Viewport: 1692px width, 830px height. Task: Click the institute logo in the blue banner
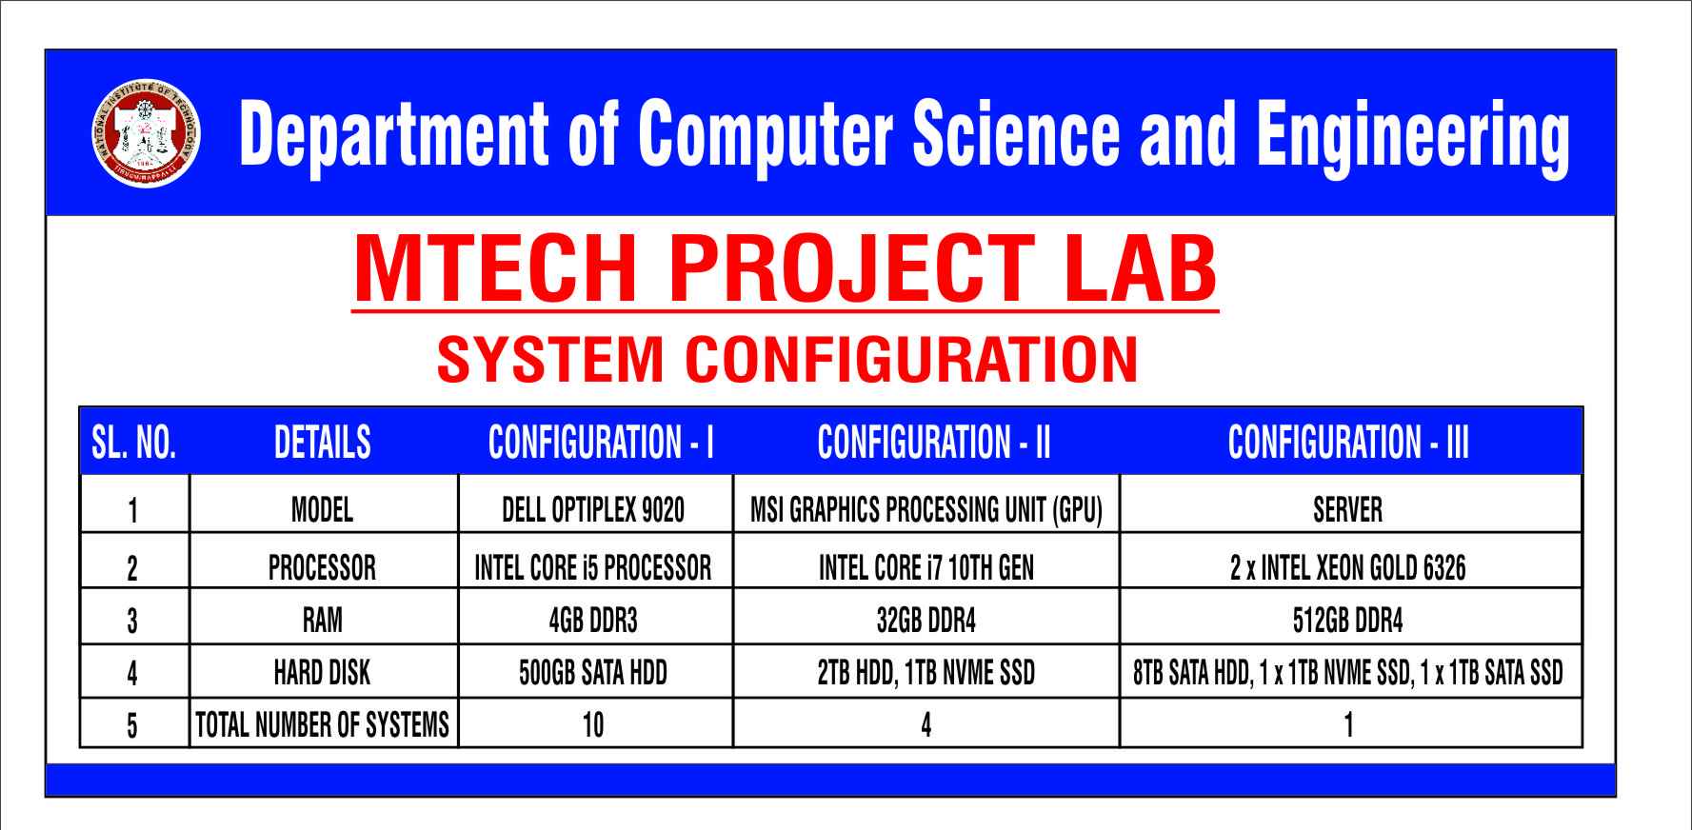(146, 133)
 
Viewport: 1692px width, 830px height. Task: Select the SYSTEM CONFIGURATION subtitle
(787, 359)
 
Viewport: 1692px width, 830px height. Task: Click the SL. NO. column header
(134, 443)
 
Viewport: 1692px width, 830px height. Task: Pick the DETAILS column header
(323, 443)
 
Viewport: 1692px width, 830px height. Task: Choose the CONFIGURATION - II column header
(934, 443)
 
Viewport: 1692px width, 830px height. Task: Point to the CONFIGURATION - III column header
(1348, 443)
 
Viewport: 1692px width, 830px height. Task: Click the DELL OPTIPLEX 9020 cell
(593, 510)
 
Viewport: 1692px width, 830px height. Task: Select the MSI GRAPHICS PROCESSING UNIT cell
(926, 510)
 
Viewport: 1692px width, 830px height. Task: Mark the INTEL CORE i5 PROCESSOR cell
(593, 568)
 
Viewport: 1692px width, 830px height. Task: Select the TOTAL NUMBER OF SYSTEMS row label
(322, 725)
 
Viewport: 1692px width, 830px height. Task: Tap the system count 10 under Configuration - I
(593, 725)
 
